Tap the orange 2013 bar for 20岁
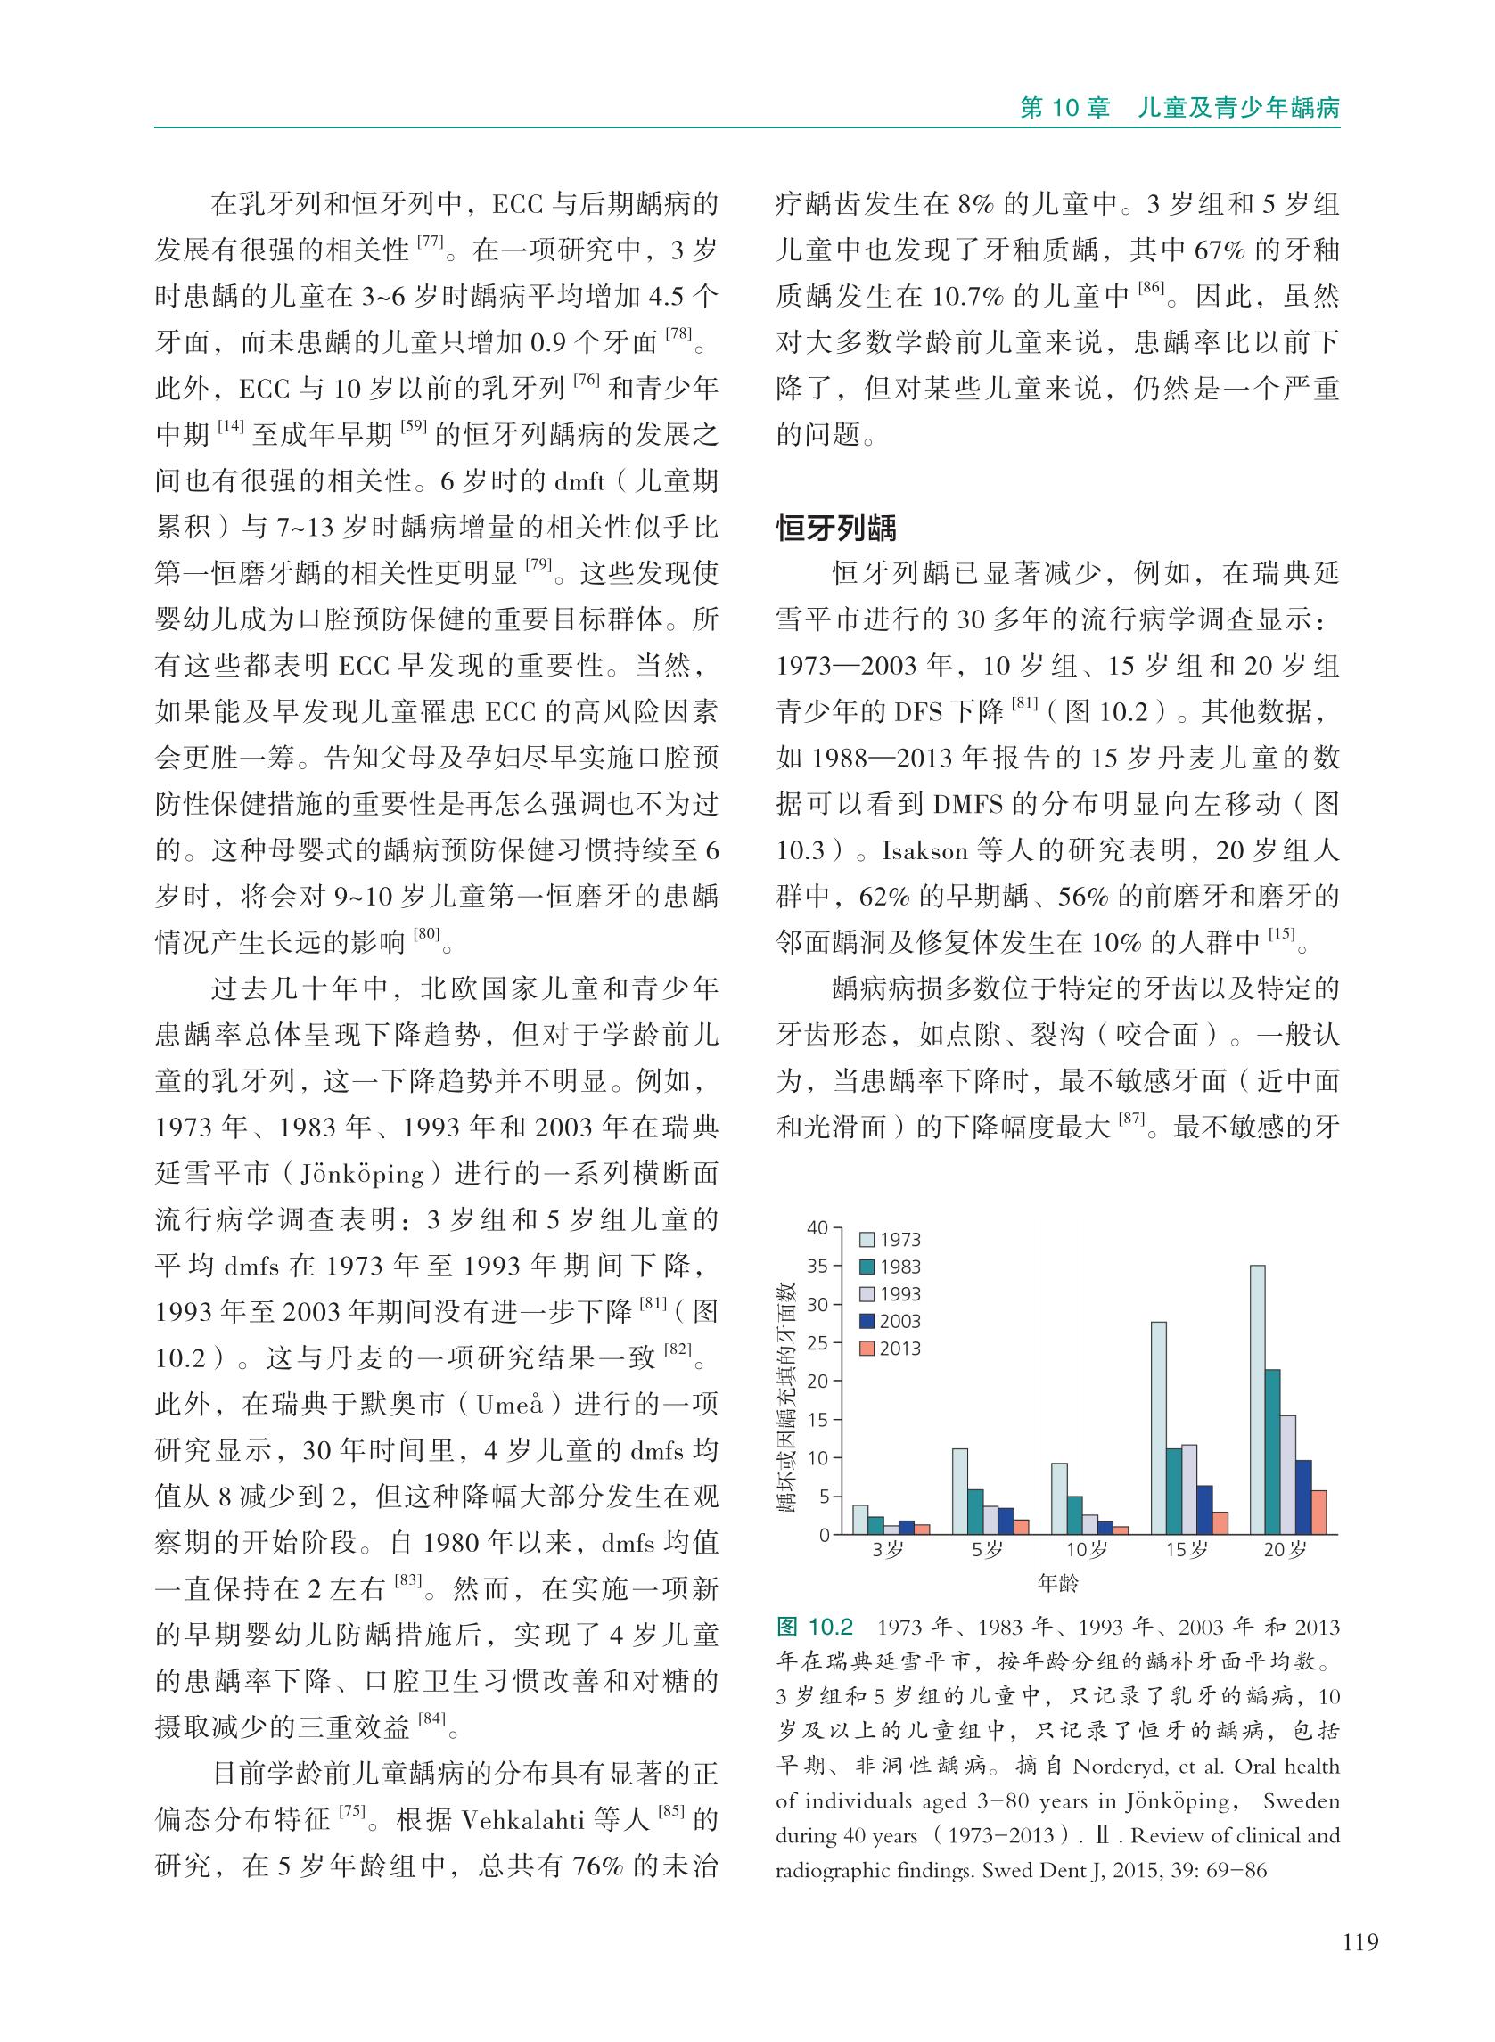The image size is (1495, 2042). [x=1318, y=1512]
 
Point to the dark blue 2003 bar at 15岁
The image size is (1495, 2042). [x=1204, y=1509]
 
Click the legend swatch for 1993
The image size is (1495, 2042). [x=867, y=1295]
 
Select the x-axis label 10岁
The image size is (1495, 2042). [x=1086, y=1550]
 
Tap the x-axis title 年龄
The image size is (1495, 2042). [x=1058, y=1583]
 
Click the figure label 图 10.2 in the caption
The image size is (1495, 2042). [x=815, y=1628]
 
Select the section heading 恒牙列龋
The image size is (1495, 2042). [x=836, y=529]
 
